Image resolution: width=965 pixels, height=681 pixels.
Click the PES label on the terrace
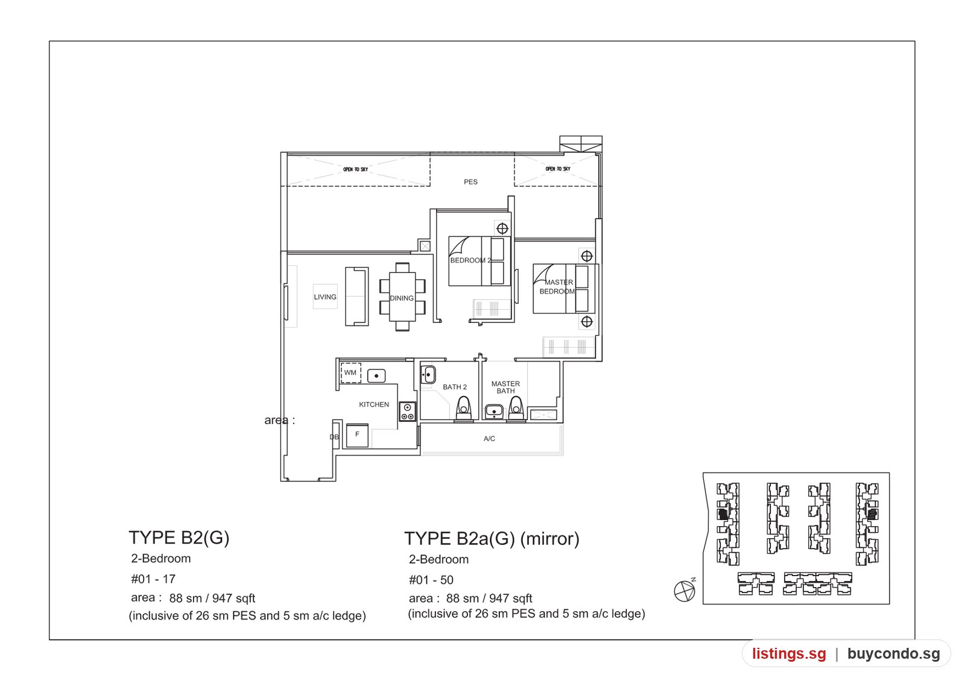click(x=470, y=181)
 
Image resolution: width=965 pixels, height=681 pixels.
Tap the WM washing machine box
click(x=350, y=373)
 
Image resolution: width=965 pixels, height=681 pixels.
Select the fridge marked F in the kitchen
click(x=357, y=435)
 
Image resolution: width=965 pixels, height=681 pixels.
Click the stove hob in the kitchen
click(x=407, y=411)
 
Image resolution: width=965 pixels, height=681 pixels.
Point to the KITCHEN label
click(x=374, y=404)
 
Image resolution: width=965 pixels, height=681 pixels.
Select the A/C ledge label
click(x=489, y=439)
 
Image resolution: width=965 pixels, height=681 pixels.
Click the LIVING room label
click(x=325, y=297)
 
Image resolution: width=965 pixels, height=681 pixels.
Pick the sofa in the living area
click(x=356, y=296)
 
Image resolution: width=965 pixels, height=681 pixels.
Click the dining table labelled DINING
click(x=402, y=297)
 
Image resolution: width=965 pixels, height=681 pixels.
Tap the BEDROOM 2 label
click(x=470, y=260)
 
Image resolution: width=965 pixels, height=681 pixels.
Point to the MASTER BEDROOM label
click(x=557, y=287)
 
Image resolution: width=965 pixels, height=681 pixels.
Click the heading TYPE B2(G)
click(x=179, y=538)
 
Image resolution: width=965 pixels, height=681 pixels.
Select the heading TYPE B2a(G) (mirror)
click(x=492, y=539)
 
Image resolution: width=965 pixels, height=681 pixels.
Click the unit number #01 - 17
click(x=153, y=579)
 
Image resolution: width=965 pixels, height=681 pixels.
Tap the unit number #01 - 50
click(x=431, y=580)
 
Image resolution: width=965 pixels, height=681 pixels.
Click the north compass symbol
click(x=685, y=591)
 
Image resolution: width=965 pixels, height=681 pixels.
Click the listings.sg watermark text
click(x=789, y=653)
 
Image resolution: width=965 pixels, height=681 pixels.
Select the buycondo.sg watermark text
click(x=894, y=653)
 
